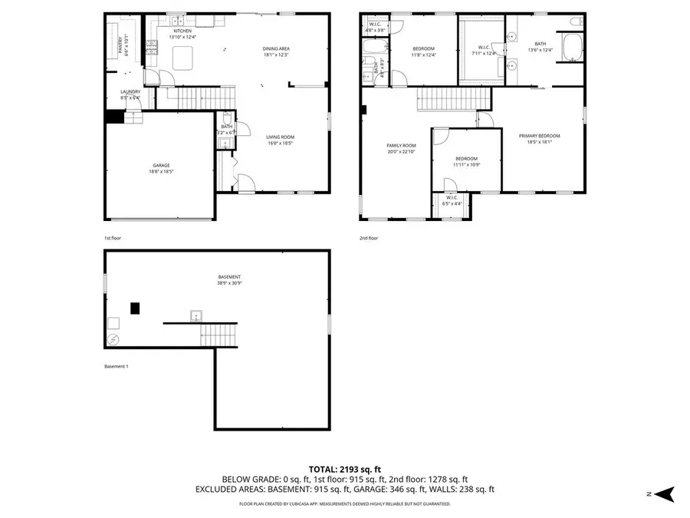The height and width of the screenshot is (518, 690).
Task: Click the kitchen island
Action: click(182, 58)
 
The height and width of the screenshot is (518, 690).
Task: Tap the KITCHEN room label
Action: click(182, 31)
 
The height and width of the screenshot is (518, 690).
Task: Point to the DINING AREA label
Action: click(276, 48)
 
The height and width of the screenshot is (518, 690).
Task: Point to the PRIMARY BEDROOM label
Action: click(539, 136)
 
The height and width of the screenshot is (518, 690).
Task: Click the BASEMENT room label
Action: click(229, 277)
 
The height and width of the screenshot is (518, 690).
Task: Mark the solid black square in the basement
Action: click(135, 308)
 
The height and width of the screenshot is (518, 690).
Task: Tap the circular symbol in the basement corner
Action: click(113, 339)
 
